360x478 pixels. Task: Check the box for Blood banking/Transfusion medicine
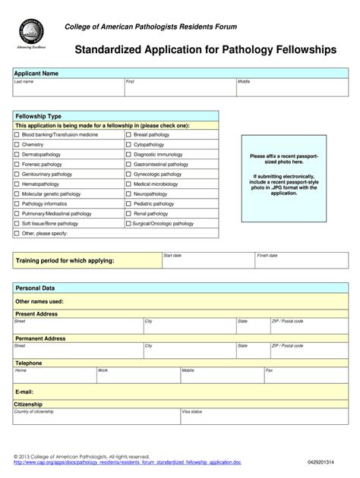(x=17, y=134)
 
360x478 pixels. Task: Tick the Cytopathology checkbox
(x=128, y=144)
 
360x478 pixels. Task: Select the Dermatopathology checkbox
(x=17, y=154)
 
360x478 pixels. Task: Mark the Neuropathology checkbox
(x=128, y=194)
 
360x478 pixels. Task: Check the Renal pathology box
(x=128, y=214)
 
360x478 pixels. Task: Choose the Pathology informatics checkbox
(x=17, y=204)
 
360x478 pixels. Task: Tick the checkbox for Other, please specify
(x=17, y=234)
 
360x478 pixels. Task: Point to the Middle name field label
(x=244, y=81)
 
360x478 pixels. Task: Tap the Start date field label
(x=172, y=256)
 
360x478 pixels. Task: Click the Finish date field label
(x=267, y=256)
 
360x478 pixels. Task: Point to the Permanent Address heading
(x=40, y=338)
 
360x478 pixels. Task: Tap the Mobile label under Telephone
(x=188, y=370)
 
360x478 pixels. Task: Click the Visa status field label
(x=191, y=411)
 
